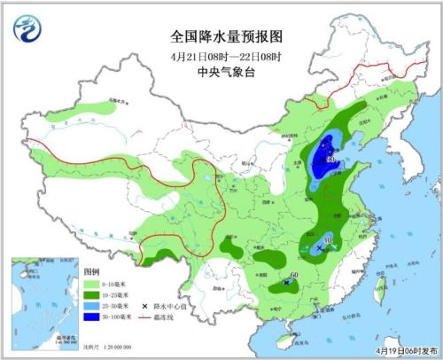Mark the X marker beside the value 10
coord(320,248)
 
